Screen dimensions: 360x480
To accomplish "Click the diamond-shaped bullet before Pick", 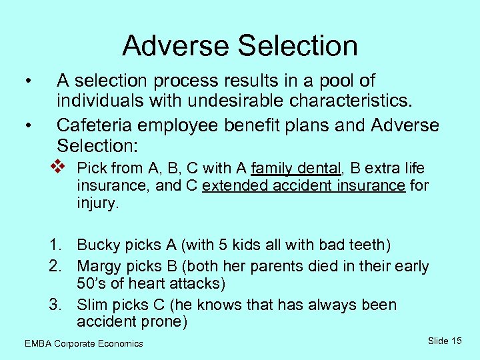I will (x=59, y=165).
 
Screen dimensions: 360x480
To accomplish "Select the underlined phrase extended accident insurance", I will (x=303, y=186).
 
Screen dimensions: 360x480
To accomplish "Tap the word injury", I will (x=97, y=203).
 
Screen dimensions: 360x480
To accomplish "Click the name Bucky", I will (x=99, y=245).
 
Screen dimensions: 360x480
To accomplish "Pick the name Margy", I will (x=101, y=267).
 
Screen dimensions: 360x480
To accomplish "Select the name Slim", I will (x=92, y=305).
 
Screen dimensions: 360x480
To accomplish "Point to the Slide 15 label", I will (x=444, y=341).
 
